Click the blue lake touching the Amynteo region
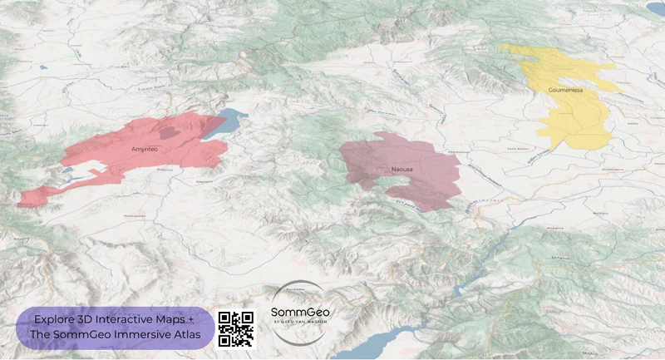point(222,124)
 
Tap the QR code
point(235,328)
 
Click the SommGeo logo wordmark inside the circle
point(298,313)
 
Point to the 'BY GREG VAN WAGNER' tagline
point(299,322)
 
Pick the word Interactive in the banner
point(131,319)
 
